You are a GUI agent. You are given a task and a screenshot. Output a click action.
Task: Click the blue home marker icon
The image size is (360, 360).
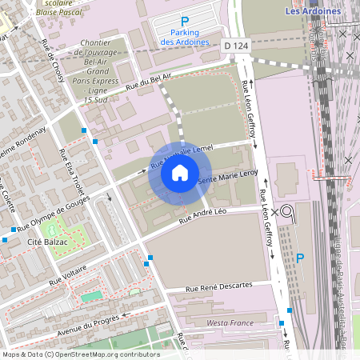180,173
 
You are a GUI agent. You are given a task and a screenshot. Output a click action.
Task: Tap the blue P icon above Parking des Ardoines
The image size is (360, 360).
185,22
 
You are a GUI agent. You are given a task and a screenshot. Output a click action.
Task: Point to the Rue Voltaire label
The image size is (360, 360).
68,275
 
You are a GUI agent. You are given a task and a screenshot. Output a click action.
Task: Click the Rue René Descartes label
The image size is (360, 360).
218,286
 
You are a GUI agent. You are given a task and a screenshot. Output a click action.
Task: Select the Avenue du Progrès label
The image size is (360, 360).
87,327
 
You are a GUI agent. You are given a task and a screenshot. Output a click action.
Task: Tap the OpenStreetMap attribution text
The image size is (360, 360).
80,354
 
